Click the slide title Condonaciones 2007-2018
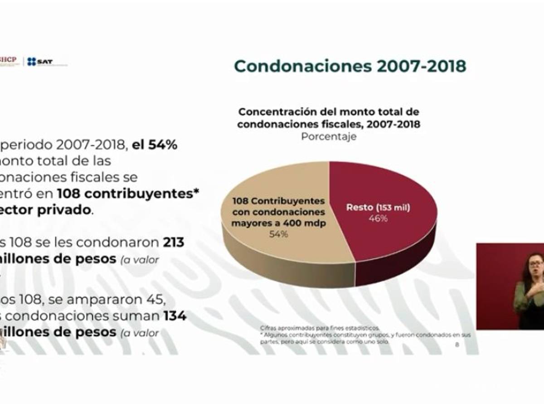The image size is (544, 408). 350,66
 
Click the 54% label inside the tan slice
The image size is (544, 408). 278,234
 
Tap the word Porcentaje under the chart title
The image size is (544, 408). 329,136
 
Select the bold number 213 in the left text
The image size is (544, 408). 174,243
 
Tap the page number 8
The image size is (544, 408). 457,345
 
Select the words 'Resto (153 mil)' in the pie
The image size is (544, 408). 378,208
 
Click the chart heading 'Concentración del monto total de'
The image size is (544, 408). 329,112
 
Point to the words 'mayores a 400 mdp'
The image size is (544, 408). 278,223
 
